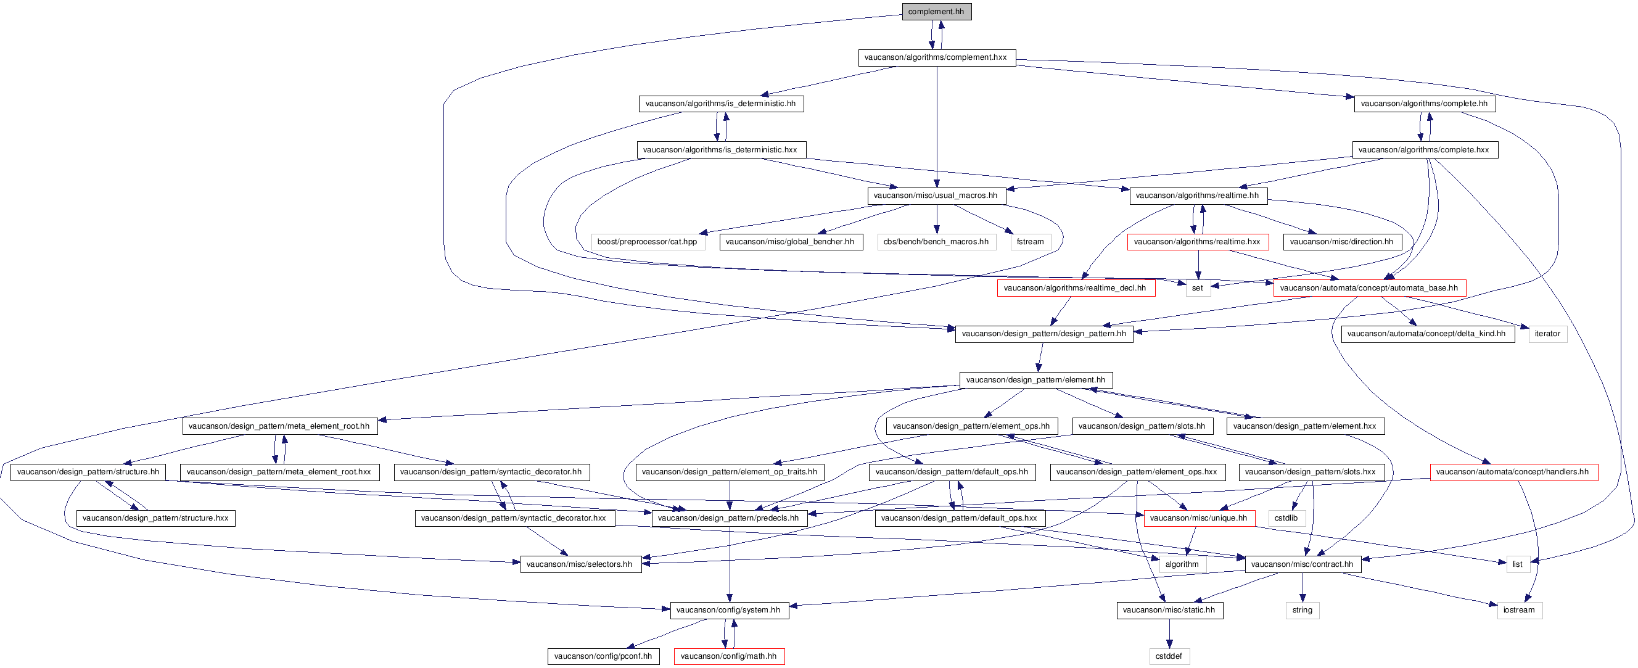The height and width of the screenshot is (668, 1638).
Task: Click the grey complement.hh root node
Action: (x=936, y=12)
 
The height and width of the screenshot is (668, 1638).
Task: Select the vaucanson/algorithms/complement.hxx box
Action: (x=936, y=57)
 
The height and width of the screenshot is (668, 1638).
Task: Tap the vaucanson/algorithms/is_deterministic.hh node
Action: (x=720, y=104)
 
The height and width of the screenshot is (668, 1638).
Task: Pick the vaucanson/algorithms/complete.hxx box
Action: (x=1424, y=150)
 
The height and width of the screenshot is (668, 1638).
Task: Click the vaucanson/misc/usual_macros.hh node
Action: (x=936, y=196)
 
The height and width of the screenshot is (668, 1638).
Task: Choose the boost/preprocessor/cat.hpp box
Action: (x=648, y=242)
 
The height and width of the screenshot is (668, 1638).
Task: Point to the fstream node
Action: (x=1030, y=242)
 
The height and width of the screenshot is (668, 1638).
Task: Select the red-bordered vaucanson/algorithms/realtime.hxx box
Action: (x=1197, y=242)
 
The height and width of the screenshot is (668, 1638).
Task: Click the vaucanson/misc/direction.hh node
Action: (x=1342, y=242)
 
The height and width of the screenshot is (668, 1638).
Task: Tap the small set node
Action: (x=1197, y=288)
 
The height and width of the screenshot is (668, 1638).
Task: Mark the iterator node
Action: (x=1547, y=334)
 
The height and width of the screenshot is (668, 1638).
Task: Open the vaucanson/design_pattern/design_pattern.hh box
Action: (x=1043, y=334)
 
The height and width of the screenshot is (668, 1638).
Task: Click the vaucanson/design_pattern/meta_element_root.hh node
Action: (x=279, y=426)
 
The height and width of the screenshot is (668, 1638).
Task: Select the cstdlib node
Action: (x=1286, y=519)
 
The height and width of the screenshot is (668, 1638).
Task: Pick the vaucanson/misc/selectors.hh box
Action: (x=580, y=564)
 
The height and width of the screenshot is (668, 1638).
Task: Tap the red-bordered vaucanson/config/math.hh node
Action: (x=729, y=656)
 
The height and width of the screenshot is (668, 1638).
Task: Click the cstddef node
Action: (x=1169, y=656)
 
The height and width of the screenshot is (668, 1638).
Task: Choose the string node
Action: (x=1302, y=610)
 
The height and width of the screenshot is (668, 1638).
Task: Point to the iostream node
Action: (x=1518, y=610)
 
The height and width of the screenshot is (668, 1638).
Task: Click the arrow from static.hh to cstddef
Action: (x=1169, y=633)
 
